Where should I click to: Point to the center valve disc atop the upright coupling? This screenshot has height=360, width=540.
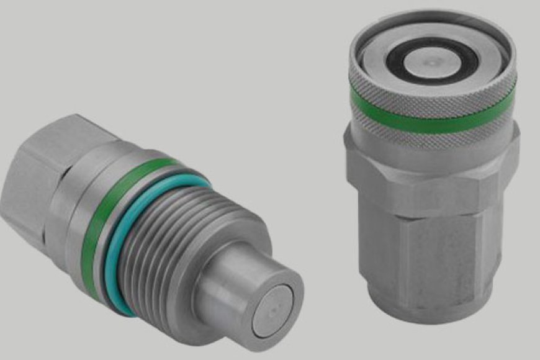(x=432, y=61)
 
